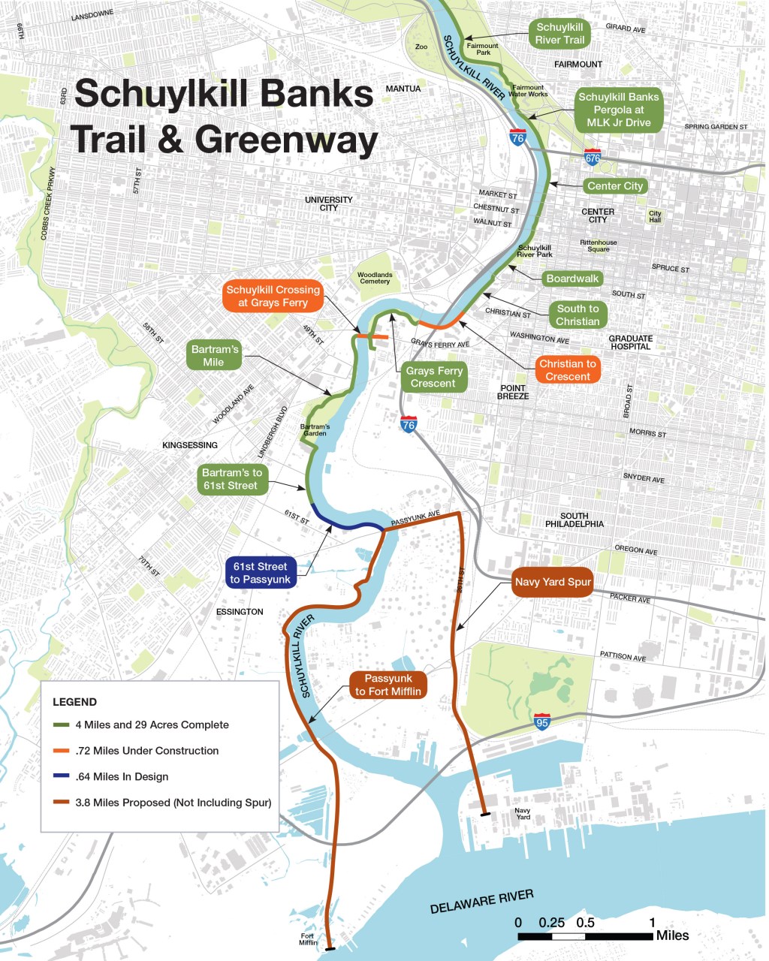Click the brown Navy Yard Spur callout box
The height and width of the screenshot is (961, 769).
pyautogui.click(x=553, y=582)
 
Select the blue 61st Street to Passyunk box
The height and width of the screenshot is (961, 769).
pyautogui.click(x=260, y=573)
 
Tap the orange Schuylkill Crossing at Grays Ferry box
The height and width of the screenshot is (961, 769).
pyautogui.click(x=273, y=296)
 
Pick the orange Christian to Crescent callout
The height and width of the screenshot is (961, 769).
pyautogui.click(x=567, y=370)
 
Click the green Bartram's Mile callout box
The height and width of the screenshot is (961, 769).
pyautogui.click(x=214, y=356)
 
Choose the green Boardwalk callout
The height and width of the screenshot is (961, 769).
pyautogui.click(x=572, y=279)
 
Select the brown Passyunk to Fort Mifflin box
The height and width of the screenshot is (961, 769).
pyautogui.click(x=388, y=685)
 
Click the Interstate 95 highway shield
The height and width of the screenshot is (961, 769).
pyautogui.click(x=542, y=723)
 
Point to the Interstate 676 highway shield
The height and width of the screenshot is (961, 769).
pyautogui.click(x=593, y=158)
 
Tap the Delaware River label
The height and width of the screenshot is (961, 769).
pyautogui.click(x=481, y=901)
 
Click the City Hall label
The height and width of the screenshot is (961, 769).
pyautogui.click(x=656, y=217)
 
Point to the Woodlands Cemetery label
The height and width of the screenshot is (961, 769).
pyautogui.click(x=375, y=279)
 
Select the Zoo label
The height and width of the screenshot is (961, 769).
pyautogui.click(x=421, y=47)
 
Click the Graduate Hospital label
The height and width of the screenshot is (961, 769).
pyautogui.click(x=630, y=342)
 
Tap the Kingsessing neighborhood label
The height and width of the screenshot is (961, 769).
pyautogui.click(x=190, y=445)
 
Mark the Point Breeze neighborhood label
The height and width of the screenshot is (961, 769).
pyautogui.click(x=513, y=392)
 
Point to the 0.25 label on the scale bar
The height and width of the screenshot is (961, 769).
pyautogui.click(x=551, y=923)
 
